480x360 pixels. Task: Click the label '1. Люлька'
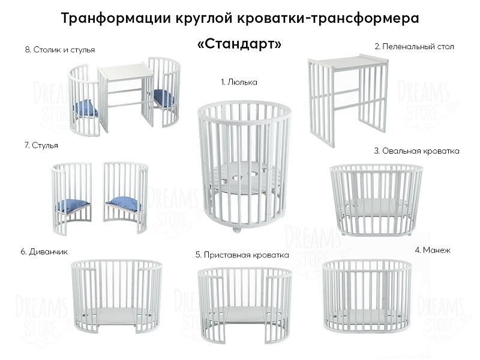[239, 82]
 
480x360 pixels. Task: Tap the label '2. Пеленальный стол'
[414, 46]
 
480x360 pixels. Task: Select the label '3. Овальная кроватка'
[416, 151]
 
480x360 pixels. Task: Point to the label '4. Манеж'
[432, 249]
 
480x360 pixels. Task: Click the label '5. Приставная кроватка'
[242, 255]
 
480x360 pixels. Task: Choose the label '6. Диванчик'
[43, 251]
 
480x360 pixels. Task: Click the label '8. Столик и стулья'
[60, 50]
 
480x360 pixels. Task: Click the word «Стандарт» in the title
[239, 45]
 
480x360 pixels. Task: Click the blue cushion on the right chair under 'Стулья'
[124, 205]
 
